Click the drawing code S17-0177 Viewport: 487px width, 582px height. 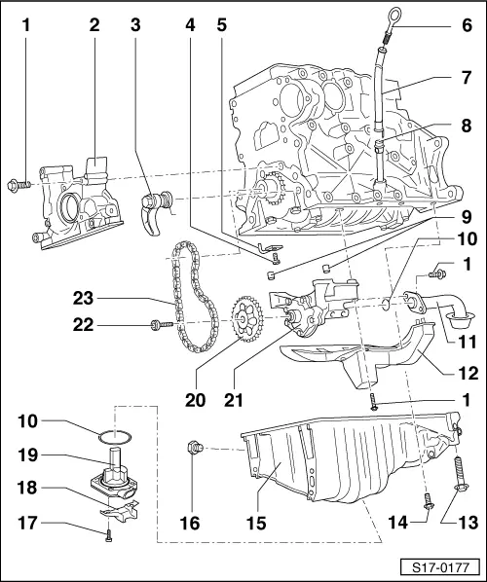(440, 567)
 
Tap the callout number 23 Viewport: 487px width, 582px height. (83, 298)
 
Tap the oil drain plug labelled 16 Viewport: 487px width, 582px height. (195, 448)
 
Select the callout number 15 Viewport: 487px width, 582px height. (256, 523)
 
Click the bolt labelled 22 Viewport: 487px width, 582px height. (162, 325)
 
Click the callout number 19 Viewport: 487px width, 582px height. (27, 455)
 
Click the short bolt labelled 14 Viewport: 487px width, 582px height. (429, 501)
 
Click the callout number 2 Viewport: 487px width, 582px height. (94, 25)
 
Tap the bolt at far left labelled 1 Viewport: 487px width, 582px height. (19, 185)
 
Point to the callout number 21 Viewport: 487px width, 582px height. (234, 400)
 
